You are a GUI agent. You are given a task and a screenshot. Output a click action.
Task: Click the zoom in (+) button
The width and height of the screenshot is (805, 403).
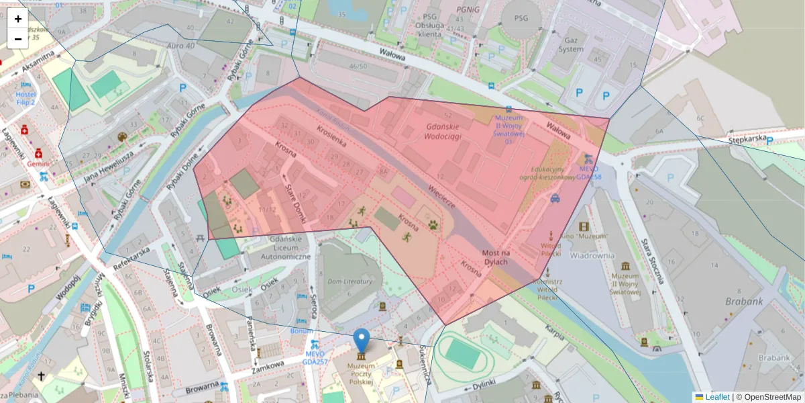click(18, 19)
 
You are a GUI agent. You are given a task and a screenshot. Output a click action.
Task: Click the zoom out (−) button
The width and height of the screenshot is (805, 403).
click(18, 39)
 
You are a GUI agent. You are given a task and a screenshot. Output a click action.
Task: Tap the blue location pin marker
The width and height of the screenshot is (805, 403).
click(362, 341)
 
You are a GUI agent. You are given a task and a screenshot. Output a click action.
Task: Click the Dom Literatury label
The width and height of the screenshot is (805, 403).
click(349, 281)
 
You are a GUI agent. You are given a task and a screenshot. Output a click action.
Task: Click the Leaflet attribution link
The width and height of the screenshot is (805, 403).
click(717, 397)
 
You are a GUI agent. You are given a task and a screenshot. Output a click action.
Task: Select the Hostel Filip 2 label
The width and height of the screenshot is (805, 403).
click(25, 99)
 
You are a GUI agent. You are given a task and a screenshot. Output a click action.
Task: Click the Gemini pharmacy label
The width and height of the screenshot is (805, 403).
click(40, 163)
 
